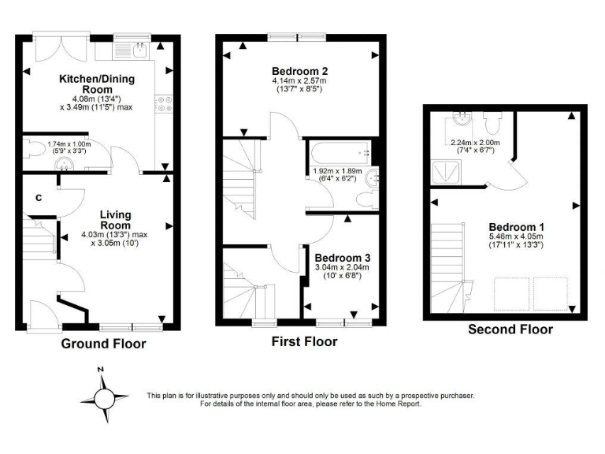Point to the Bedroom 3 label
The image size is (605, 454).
tap(342, 258)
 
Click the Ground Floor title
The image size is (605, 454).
tap(103, 344)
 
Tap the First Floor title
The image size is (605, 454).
tap(304, 341)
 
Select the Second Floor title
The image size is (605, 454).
tap(510, 329)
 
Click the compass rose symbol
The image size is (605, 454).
tap(102, 394)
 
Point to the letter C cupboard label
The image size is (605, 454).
tap(37, 198)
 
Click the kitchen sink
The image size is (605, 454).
tap(138, 50)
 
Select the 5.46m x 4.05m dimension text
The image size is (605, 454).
tap(515, 240)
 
